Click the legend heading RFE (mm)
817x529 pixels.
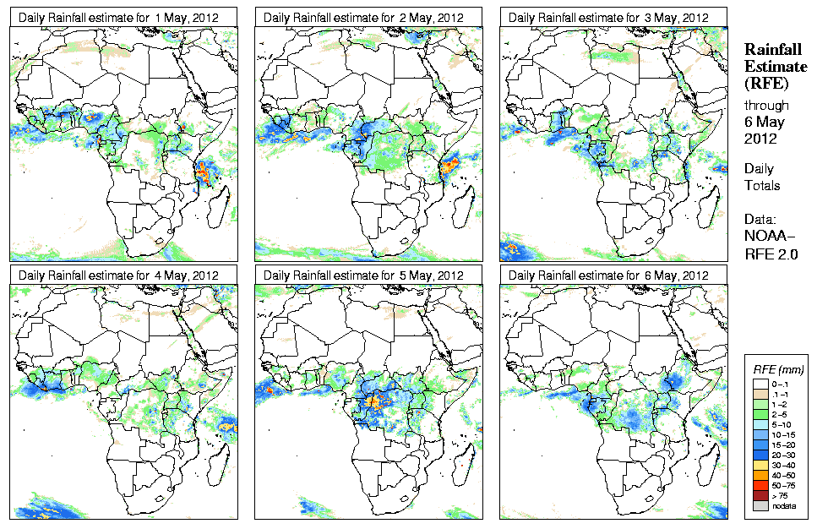click(x=778, y=369)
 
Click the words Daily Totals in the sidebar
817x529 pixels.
click(x=763, y=177)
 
